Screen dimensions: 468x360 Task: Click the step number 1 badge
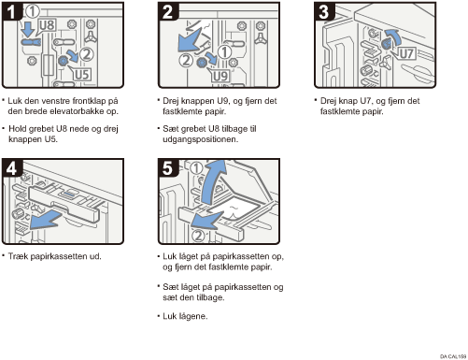(11, 11)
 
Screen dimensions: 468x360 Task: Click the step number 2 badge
(167, 11)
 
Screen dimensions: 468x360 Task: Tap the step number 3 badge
(324, 11)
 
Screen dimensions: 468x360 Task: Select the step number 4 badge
(11, 167)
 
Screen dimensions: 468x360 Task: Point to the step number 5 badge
(167, 167)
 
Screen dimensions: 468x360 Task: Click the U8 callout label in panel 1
(48, 25)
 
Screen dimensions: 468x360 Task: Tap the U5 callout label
(82, 75)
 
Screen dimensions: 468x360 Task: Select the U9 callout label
(220, 76)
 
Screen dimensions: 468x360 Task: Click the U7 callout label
(406, 53)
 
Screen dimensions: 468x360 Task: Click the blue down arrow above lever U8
(29, 29)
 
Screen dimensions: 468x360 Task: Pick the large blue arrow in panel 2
(190, 40)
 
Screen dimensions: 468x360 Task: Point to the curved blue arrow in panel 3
(394, 37)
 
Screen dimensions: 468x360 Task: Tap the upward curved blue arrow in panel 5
(212, 183)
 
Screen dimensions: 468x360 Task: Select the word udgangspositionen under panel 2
(201, 139)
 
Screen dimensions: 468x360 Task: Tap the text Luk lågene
(185, 316)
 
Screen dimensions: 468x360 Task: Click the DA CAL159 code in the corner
(453, 356)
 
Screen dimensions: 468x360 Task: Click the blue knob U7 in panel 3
(386, 44)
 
